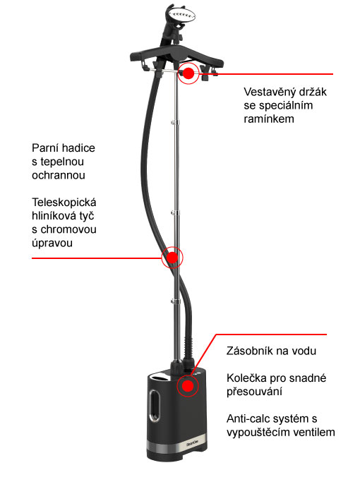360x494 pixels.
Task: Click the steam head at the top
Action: click(181, 15)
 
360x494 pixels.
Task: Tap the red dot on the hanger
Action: click(188, 73)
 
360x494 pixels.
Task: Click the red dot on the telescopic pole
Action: click(172, 258)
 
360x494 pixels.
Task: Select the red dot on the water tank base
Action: click(188, 385)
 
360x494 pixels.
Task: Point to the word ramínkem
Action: click(269, 119)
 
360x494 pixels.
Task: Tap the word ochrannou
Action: click(59, 175)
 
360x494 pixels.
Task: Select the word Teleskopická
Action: click(64, 203)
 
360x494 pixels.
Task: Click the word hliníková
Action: click(52, 216)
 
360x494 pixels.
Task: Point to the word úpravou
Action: click(52, 243)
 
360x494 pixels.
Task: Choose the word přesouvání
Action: click(254, 392)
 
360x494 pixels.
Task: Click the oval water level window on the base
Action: click(155, 406)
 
